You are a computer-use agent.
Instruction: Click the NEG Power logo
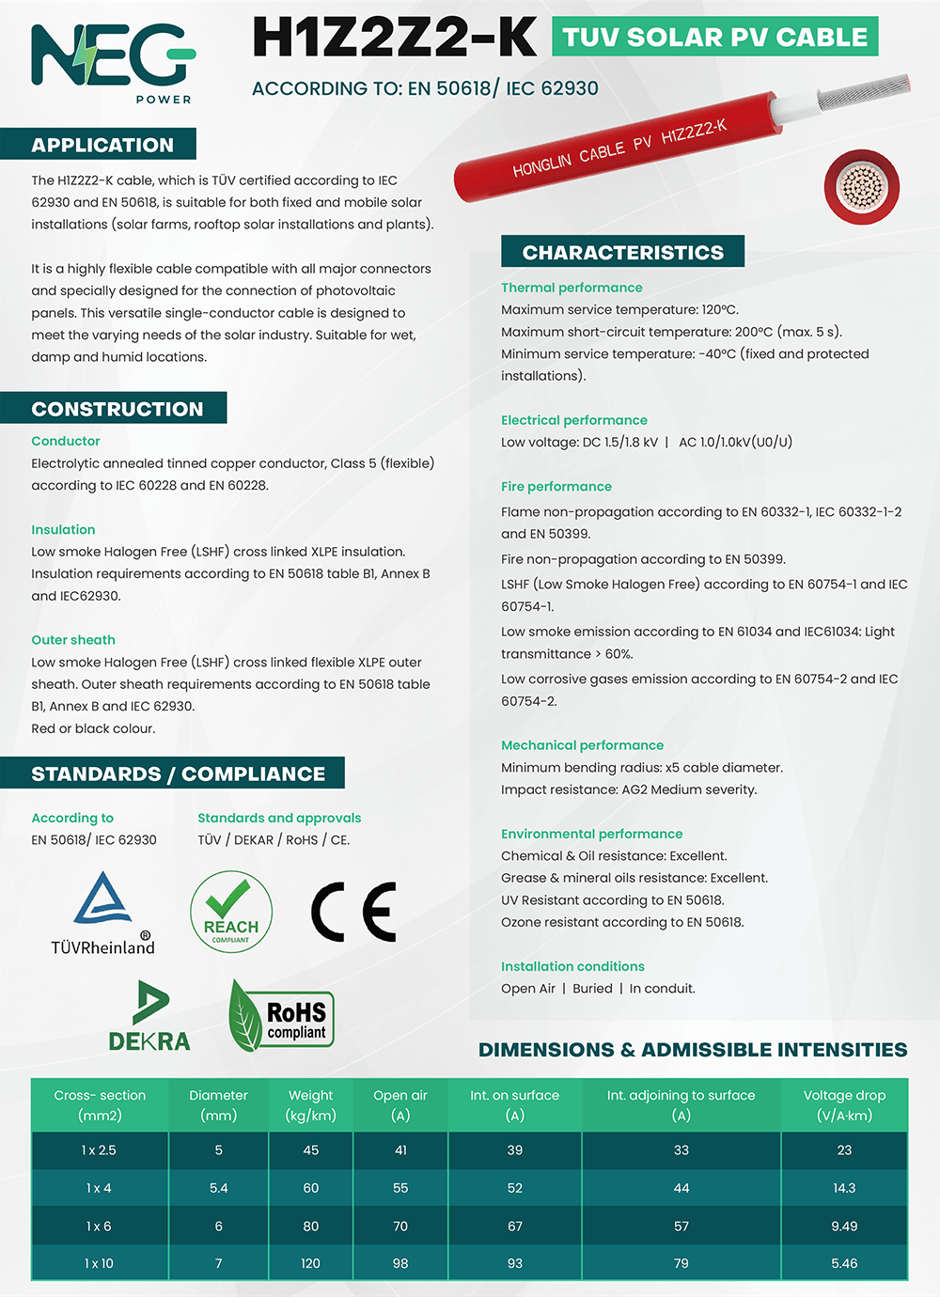tap(113, 61)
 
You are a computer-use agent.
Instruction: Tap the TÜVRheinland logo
tap(102, 913)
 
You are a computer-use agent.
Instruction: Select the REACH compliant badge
tap(230, 911)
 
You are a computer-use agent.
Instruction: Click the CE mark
tap(353, 912)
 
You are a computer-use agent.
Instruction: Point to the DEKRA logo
tap(149, 1016)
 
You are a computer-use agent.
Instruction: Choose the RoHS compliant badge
tap(282, 1016)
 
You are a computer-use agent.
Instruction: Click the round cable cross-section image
tap(861, 186)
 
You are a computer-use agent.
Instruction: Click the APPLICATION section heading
tap(102, 145)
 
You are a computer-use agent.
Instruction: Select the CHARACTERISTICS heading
tap(622, 252)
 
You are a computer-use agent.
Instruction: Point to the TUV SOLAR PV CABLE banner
tap(714, 38)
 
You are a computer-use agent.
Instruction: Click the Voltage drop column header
tap(844, 1105)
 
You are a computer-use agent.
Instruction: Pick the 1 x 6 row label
tap(99, 1226)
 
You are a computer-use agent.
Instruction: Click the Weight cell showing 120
tap(310, 1263)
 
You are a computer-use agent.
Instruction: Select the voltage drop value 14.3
tap(844, 1188)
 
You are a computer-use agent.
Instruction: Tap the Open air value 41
tap(400, 1150)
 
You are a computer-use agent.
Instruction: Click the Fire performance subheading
tap(556, 486)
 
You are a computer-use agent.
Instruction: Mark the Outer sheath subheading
tap(73, 640)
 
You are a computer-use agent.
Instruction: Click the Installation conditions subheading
tap(572, 966)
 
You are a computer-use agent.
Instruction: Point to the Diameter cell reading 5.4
tap(218, 1188)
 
